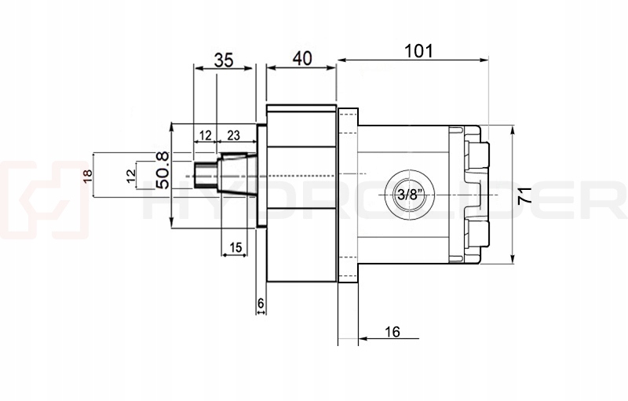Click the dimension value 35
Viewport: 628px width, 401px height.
tap(224, 60)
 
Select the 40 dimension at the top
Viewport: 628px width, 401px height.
tap(301, 58)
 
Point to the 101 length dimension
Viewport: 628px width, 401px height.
tap(420, 52)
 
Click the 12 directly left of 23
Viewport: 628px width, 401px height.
tap(205, 135)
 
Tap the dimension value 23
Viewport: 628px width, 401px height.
tap(233, 135)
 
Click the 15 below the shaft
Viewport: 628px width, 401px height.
tap(235, 247)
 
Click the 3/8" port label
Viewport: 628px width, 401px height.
tap(407, 194)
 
